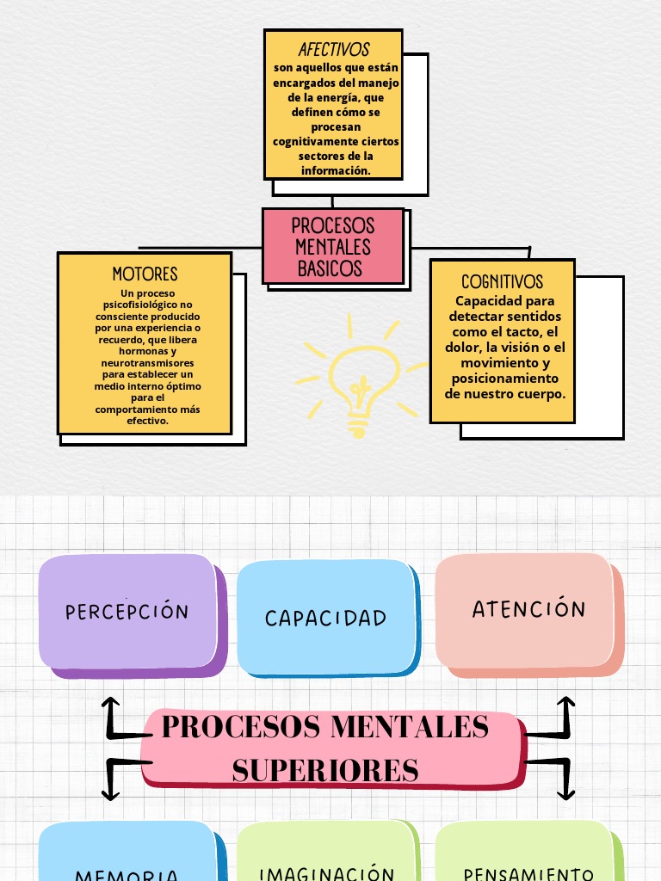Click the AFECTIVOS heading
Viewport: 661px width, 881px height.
[x=333, y=50]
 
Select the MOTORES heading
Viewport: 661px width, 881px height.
[x=145, y=274]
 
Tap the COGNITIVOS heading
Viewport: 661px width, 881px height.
[x=502, y=281]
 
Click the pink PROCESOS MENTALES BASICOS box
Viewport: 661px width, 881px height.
[x=333, y=246]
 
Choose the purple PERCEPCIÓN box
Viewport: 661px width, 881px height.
[x=127, y=612]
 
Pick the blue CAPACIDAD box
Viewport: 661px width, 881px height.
[x=325, y=618]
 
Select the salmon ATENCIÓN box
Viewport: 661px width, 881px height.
[x=528, y=609]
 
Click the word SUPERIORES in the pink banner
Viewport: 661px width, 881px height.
[x=325, y=769]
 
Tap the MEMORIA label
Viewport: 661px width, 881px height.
[x=127, y=875]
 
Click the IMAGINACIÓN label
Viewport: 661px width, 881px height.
[x=327, y=873]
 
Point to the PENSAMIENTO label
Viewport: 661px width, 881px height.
[x=528, y=874]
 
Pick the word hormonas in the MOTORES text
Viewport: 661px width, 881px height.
[x=144, y=351]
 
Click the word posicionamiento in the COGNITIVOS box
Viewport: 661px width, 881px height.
[x=504, y=378]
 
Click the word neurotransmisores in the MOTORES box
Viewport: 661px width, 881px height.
[x=146, y=363]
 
